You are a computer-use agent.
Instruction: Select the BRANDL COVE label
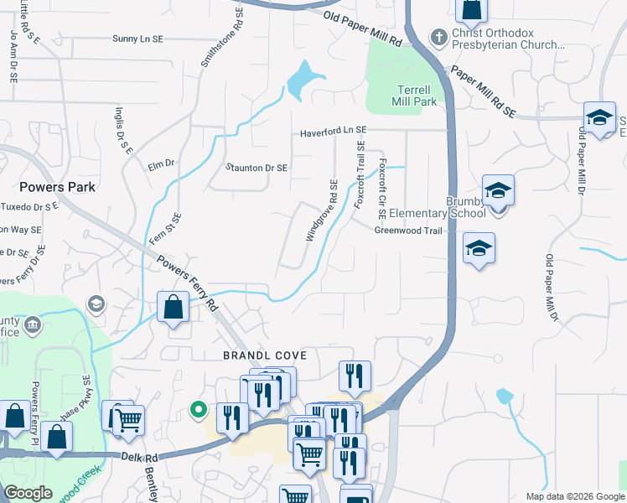[x=260, y=355]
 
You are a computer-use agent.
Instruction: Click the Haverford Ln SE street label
[x=334, y=131]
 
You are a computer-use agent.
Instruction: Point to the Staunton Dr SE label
[x=256, y=168]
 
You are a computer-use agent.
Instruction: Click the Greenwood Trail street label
[x=407, y=231]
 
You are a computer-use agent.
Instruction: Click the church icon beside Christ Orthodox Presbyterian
[x=438, y=37]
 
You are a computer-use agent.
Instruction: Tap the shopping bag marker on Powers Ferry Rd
[x=173, y=309]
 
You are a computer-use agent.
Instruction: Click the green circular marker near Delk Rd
[x=199, y=410]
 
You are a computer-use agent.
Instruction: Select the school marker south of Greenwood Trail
[x=479, y=249]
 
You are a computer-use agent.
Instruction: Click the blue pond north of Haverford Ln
[x=302, y=80]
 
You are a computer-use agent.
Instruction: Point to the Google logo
[x=28, y=493]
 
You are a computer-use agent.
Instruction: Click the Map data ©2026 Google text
[x=575, y=496]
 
